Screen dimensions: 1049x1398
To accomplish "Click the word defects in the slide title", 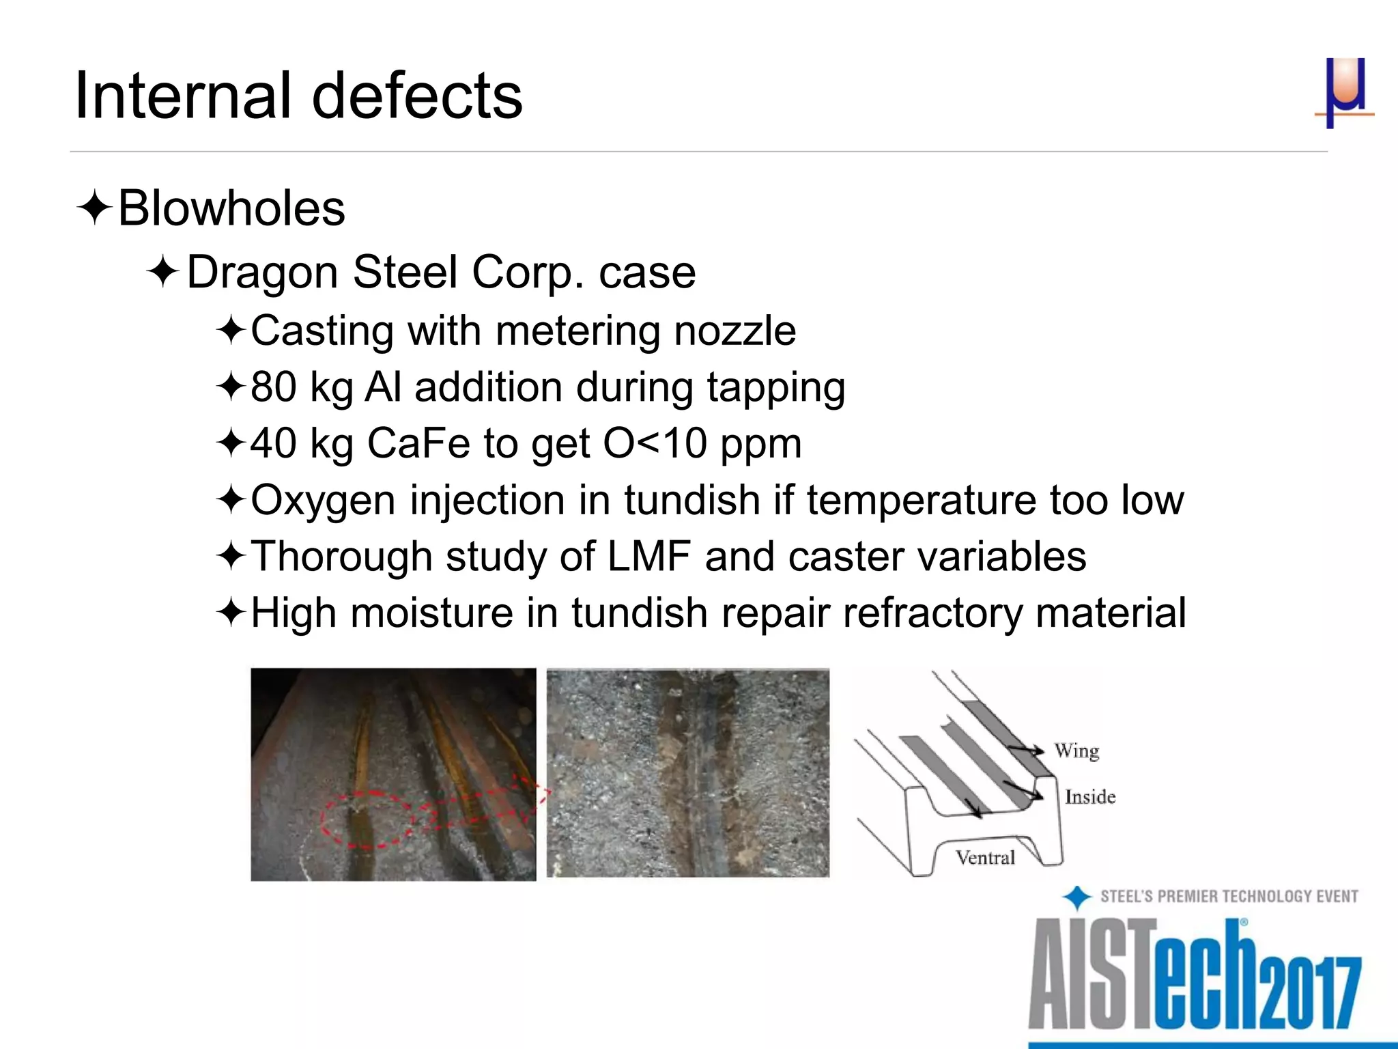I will click(418, 96).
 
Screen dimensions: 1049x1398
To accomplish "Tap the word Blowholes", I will click(231, 208).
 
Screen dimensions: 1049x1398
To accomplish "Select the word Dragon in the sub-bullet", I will click(262, 272).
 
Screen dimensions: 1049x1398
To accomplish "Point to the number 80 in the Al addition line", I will click(273, 387).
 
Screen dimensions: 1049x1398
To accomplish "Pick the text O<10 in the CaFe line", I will click(655, 443).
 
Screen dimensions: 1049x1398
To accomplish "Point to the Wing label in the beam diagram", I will click(1076, 751).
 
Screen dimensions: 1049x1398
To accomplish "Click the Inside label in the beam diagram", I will click(1090, 797).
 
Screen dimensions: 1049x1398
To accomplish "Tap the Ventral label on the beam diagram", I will click(985, 858).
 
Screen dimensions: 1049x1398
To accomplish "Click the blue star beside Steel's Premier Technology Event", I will click(1077, 897).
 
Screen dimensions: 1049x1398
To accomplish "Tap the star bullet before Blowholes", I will click(94, 209).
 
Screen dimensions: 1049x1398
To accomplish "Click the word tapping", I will click(776, 387).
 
